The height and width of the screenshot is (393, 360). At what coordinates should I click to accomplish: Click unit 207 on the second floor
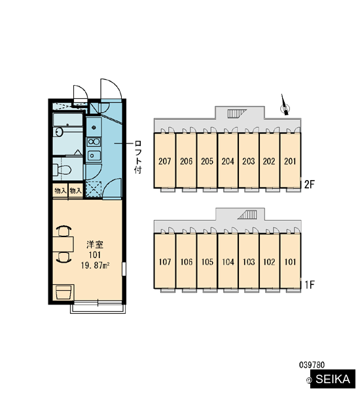pos(164,160)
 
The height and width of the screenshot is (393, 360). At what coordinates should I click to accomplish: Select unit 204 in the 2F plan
pos(228,160)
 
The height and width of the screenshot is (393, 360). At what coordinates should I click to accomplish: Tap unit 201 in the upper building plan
pos(290,160)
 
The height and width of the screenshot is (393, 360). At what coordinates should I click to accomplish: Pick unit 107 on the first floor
pos(164,261)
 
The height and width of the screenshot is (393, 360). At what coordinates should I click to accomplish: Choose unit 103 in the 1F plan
pos(249,261)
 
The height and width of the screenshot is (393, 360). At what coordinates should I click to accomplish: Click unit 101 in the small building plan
pos(290,261)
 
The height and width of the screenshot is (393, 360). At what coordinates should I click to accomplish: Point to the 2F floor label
pos(309,185)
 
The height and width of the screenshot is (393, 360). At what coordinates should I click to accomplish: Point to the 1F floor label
pos(309,285)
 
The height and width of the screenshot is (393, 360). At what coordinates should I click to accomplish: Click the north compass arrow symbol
pos(285,105)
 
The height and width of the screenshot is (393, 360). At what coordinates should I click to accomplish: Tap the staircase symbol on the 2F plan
pos(237,113)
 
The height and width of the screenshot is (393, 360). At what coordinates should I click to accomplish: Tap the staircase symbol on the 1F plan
pos(247,215)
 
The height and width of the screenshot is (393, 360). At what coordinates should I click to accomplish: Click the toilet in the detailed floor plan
pos(62,170)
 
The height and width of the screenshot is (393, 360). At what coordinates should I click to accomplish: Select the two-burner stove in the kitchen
pos(94,142)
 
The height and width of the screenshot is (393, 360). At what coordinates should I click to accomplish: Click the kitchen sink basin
pos(94,156)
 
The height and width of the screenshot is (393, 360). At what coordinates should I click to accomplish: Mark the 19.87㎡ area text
pos(96,265)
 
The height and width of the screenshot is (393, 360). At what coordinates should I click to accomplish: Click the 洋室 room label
pos(95,244)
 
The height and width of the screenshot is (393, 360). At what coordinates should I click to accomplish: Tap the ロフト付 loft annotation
pos(138,157)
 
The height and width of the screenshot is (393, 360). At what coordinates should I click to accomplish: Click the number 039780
pos(312,365)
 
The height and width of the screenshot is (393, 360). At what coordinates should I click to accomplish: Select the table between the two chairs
pos(63,244)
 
